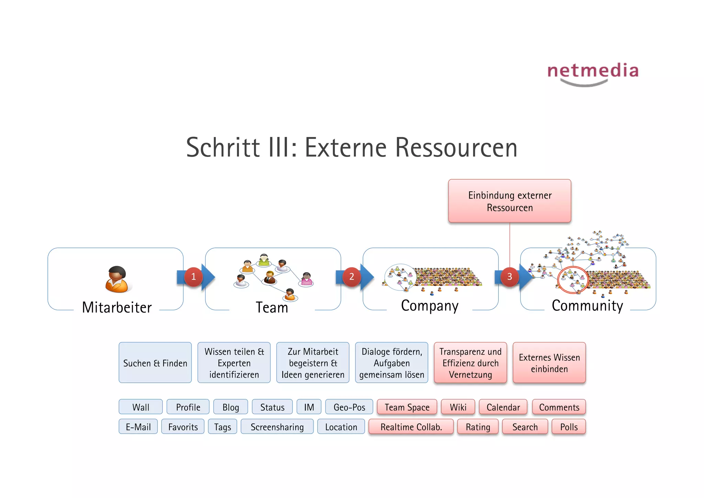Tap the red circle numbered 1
(193, 276)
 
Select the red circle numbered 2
(351, 276)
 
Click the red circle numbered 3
(509, 276)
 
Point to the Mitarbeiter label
(117, 307)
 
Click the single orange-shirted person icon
(117, 279)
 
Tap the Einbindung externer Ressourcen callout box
(509, 201)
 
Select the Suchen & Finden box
(155, 363)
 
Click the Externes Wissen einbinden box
(549, 363)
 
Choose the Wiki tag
(458, 407)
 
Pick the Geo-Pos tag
(349, 407)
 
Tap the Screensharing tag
(277, 427)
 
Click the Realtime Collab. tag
(411, 427)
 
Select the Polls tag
(569, 427)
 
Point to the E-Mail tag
(138, 427)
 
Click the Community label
(587, 306)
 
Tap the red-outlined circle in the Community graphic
(573, 279)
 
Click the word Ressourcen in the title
(456, 147)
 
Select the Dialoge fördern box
(392, 363)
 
